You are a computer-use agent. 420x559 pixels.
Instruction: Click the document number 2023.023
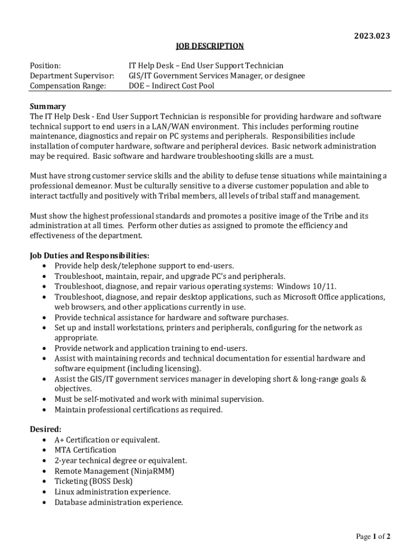(372, 36)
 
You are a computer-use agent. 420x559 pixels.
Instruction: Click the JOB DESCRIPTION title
(209, 46)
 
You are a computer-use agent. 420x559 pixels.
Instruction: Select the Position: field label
(45, 66)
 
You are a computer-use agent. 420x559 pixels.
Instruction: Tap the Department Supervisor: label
(72, 76)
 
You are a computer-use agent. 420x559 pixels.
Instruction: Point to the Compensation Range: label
(68, 86)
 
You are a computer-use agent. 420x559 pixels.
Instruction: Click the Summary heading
(47, 106)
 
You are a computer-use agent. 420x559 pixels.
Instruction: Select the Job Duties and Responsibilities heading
(89, 255)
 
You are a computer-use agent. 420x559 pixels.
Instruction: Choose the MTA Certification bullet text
(85, 450)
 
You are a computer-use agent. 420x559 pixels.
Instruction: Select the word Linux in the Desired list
(64, 491)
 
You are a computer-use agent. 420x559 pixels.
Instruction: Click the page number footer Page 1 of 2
(373, 537)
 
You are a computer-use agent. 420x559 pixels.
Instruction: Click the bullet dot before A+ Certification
(43, 440)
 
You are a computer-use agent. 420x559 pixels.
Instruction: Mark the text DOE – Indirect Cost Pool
(171, 86)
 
